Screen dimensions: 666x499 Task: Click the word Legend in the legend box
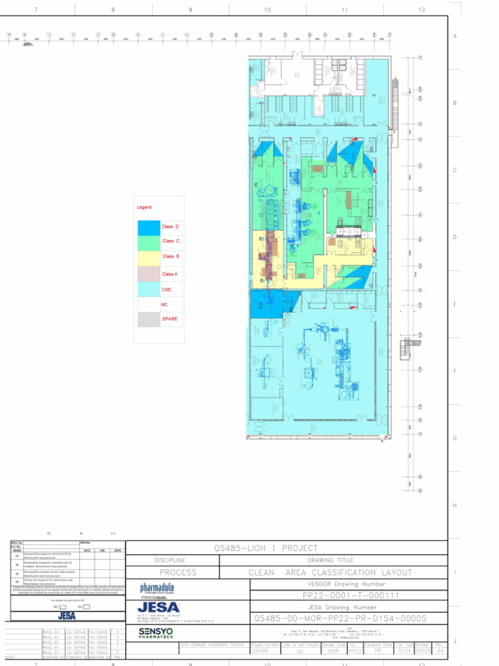coord(144,207)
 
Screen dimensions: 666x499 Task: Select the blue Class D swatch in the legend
coord(148,227)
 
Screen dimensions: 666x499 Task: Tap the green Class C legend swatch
coord(148,242)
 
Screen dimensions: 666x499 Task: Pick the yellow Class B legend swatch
coord(148,258)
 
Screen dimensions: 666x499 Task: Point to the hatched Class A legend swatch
coord(148,274)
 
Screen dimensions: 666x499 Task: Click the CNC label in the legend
coord(167,289)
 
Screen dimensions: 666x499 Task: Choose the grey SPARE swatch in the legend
coord(148,319)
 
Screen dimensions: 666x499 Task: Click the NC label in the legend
coord(164,304)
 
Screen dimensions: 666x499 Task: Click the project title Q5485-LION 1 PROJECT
coord(266,548)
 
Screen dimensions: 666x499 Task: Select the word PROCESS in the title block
coord(178,572)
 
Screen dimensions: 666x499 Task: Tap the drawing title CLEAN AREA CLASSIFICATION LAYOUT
coord(330,572)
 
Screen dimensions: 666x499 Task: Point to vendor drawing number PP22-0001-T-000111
coord(351,595)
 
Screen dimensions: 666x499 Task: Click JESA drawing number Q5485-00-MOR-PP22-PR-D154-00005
coord(340,619)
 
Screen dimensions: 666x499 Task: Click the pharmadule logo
coord(157,589)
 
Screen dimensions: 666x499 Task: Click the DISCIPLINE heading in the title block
coord(170,560)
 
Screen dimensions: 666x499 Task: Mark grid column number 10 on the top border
coord(267,10)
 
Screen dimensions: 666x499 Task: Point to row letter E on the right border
coord(455,304)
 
